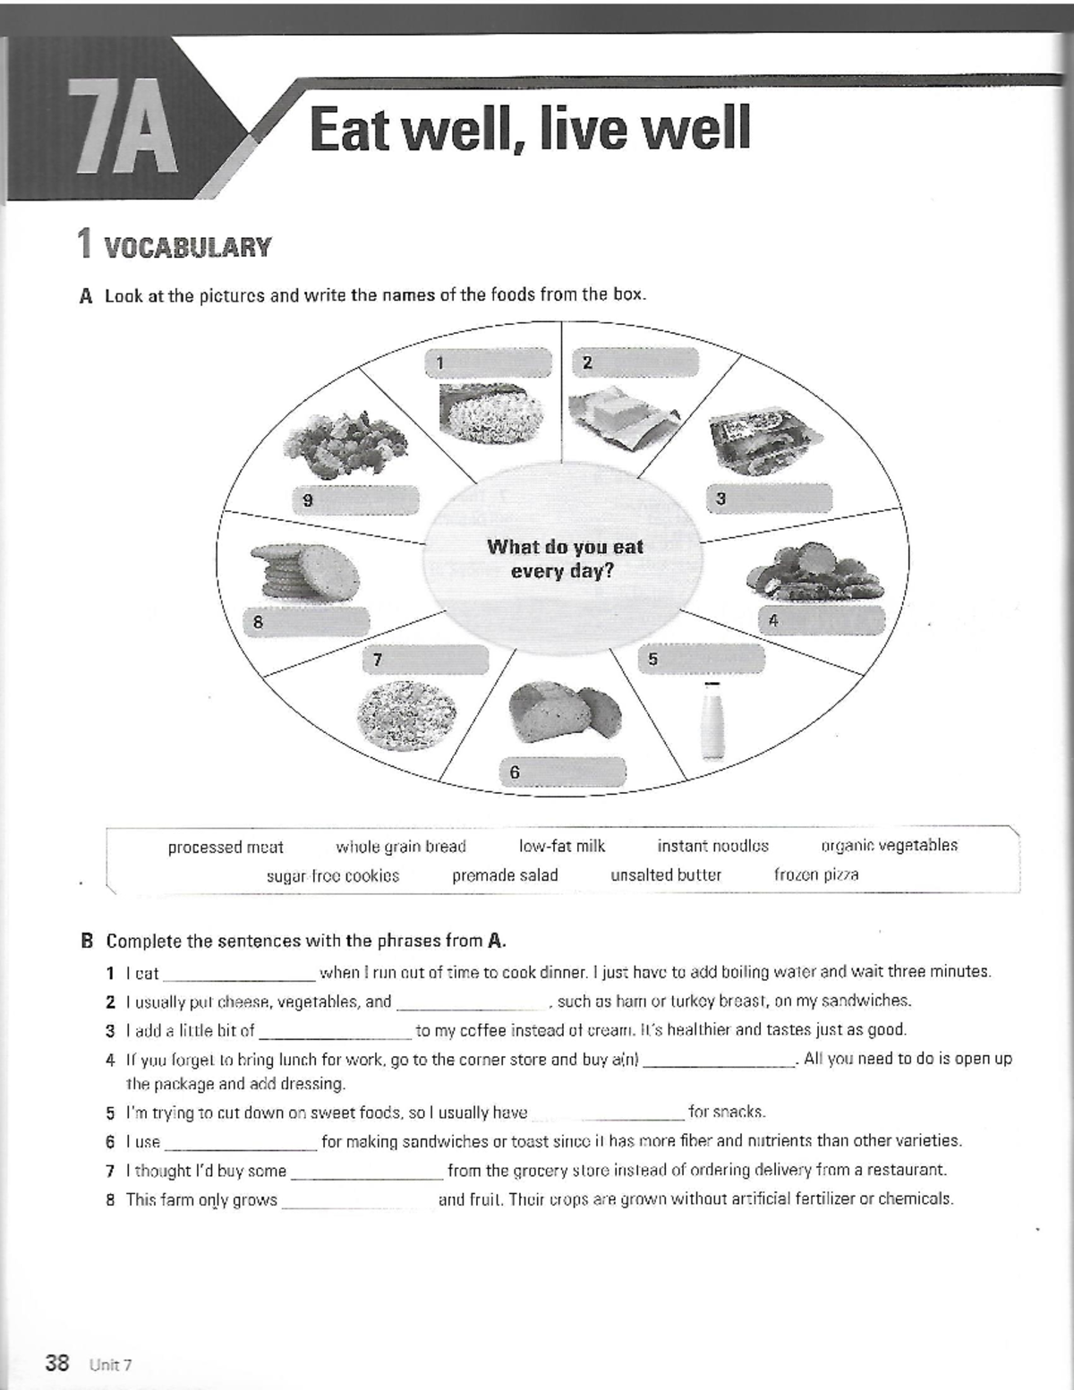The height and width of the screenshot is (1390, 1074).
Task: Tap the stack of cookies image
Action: [x=304, y=572]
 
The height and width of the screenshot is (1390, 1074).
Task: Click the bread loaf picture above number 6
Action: [x=565, y=712]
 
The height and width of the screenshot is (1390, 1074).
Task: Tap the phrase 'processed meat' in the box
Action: [x=226, y=847]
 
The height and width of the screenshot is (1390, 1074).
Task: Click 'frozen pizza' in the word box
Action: [x=815, y=874]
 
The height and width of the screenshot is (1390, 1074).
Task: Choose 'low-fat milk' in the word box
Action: [x=562, y=846]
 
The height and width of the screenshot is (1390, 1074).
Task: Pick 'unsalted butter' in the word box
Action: [x=666, y=874]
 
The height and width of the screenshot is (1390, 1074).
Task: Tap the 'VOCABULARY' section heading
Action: [x=187, y=247]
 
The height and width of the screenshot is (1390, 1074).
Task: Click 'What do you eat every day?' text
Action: [x=564, y=559]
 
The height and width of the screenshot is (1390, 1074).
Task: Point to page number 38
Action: [x=57, y=1363]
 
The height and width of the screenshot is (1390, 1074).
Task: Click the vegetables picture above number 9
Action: [x=345, y=442]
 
